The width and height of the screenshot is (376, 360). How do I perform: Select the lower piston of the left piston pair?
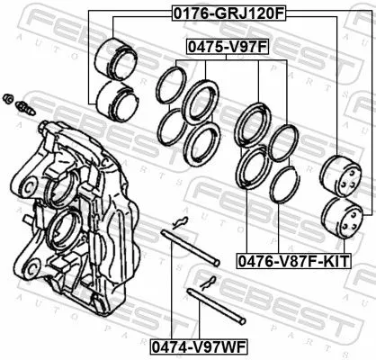[x=115, y=101]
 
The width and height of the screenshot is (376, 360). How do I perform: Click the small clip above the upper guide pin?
[x=181, y=223]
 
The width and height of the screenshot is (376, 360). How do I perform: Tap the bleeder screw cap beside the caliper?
[x=8, y=97]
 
